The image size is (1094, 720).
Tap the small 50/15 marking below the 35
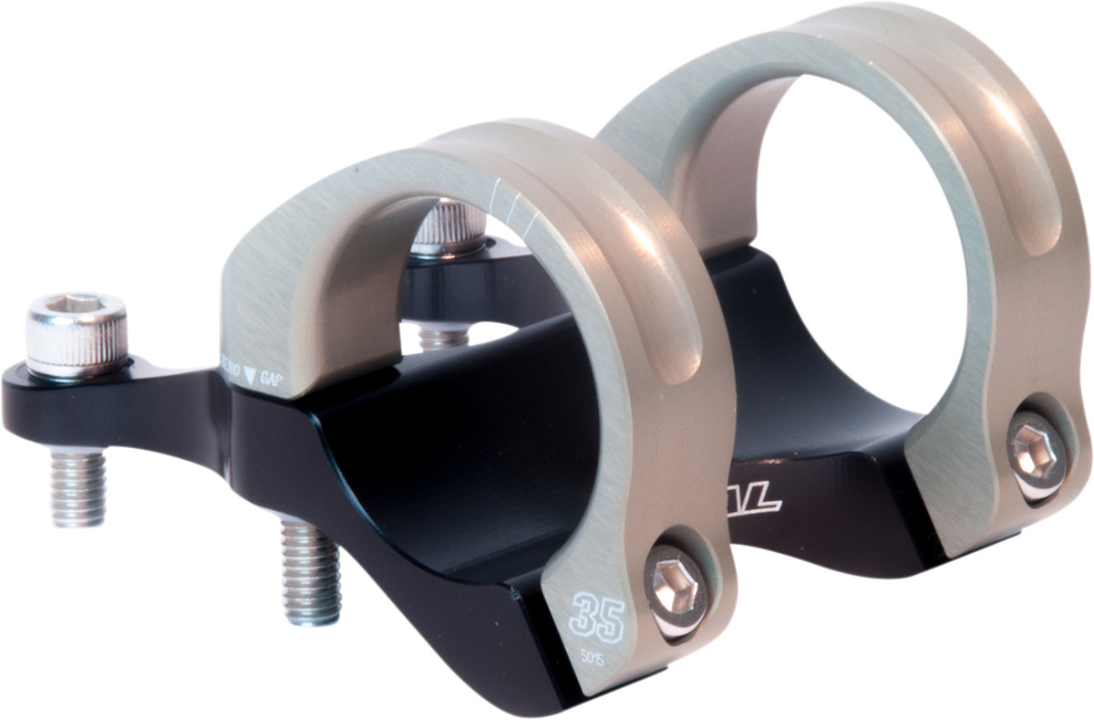(x=594, y=655)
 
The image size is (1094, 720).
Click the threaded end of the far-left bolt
(x=77, y=487)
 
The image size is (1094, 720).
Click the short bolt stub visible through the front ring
(x=444, y=338)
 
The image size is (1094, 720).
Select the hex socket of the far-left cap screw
(x=75, y=303)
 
